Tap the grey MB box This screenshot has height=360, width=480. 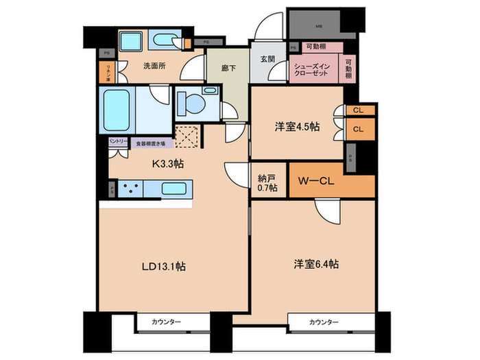318,27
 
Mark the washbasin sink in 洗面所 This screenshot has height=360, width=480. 134,41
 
